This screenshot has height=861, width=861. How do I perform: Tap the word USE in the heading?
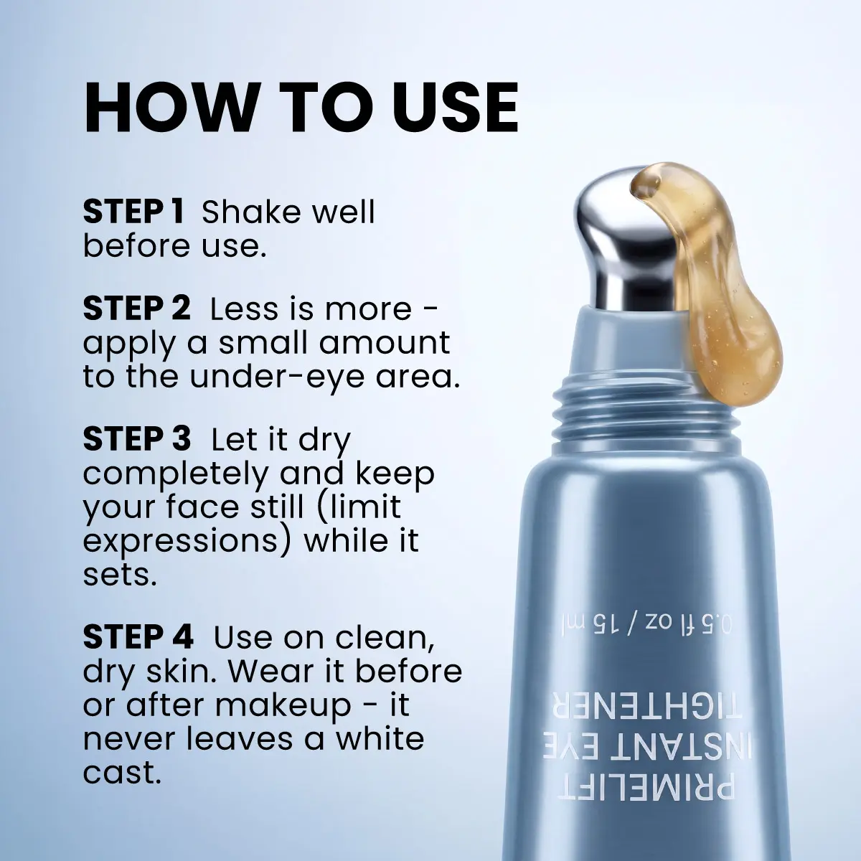tap(450, 108)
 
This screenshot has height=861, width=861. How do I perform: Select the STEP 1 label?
tap(133, 212)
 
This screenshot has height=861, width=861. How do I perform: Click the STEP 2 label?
tap(137, 309)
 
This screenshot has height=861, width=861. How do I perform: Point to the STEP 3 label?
tap(137, 440)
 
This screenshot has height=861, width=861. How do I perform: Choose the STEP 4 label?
tap(138, 636)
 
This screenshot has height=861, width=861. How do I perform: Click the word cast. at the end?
tap(121, 772)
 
